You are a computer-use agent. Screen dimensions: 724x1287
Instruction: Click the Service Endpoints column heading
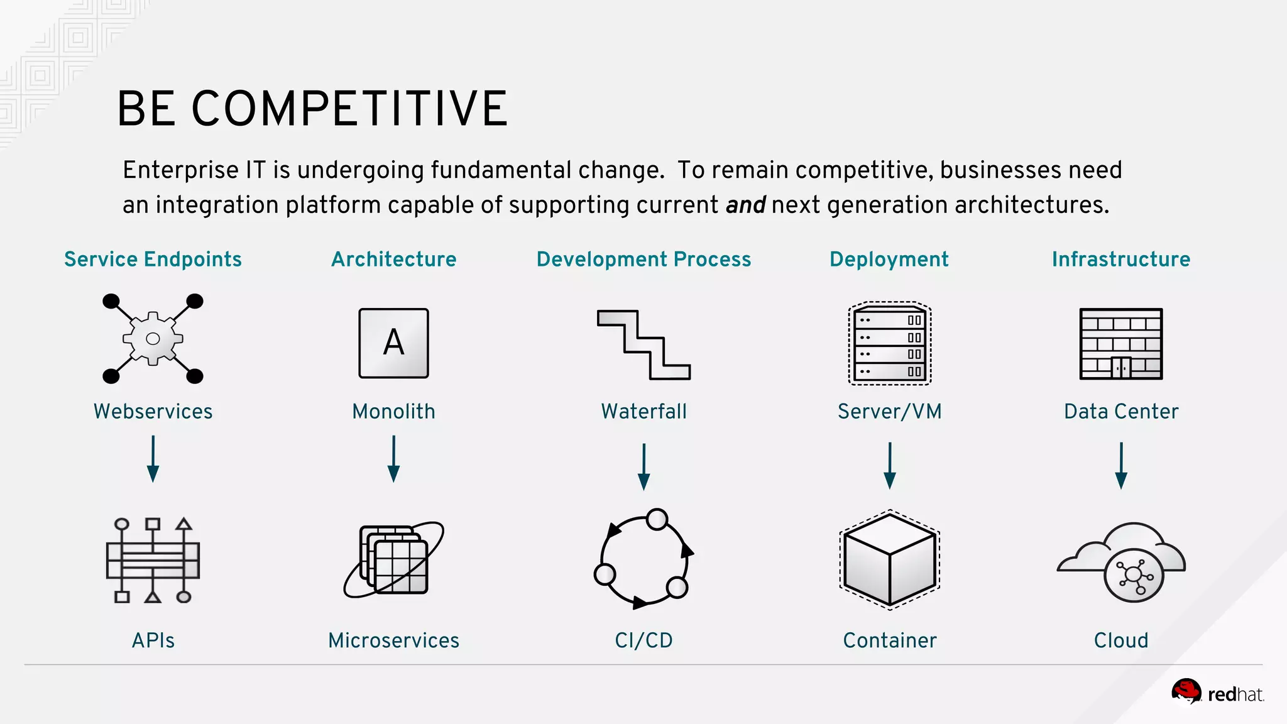coord(153,259)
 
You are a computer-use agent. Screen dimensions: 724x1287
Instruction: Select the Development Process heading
coord(643,259)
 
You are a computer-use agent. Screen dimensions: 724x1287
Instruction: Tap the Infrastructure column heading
coord(1120,259)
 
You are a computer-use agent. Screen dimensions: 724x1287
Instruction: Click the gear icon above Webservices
coord(153,339)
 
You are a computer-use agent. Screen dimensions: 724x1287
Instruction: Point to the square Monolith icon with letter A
coord(393,343)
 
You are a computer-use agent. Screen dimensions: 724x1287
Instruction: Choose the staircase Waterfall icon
coord(643,344)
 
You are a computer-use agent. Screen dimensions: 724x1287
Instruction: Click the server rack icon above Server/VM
coord(889,343)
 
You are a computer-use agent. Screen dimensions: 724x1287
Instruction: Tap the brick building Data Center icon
coord(1120,344)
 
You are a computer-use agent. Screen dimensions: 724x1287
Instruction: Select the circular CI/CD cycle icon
coord(643,559)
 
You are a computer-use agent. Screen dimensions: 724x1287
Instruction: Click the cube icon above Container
coord(889,559)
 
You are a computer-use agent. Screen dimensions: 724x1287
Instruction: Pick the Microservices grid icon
coord(394,559)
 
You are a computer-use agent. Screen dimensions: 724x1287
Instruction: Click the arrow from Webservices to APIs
coord(153,459)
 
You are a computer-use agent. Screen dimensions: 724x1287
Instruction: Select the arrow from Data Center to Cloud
coord(1120,466)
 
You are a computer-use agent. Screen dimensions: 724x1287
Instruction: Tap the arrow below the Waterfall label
coord(643,466)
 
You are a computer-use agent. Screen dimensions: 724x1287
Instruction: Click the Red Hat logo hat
coord(1186,692)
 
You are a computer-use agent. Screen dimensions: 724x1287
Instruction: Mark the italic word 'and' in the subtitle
coord(745,205)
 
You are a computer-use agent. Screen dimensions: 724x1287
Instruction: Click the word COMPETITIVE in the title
coord(349,109)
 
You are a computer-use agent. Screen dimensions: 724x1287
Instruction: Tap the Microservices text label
coord(394,640)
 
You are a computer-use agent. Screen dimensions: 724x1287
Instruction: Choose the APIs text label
coord(153,640)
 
